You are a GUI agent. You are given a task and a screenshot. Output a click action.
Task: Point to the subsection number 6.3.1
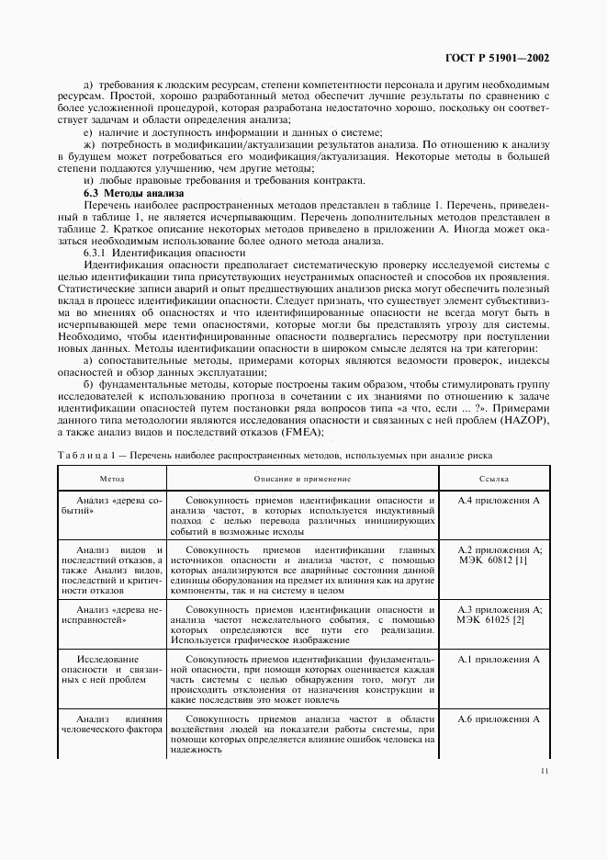(x=96, y=252)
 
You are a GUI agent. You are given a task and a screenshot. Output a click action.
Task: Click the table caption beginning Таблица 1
(x=275, y=455)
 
